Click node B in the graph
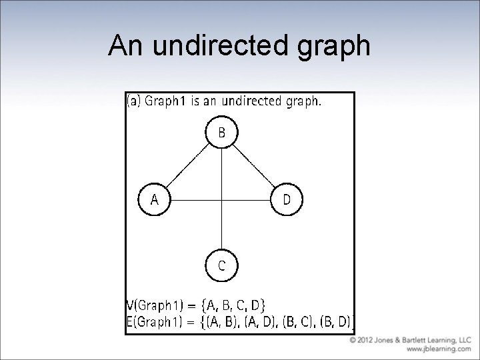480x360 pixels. coord(221,133)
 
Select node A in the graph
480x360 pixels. coord(154,199)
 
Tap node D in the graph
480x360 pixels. coord(287,199)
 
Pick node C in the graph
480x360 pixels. coord(221,265)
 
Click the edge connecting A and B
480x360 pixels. coord(187,166)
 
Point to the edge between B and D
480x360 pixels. coord(254,166)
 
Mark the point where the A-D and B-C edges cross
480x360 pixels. coord(221,199)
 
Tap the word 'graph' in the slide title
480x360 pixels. coord(332,46)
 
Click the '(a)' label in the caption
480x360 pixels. coord(134,102)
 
